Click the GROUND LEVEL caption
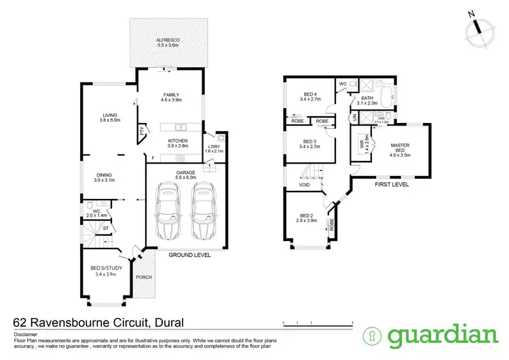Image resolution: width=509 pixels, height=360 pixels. click(189, 255)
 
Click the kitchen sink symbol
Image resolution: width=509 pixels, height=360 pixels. click(181, 127)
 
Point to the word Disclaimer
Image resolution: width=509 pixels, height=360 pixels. click(25, 335)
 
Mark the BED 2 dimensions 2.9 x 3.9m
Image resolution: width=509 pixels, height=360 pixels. click(307, 221)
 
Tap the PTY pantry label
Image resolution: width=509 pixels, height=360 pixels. click(141, 130)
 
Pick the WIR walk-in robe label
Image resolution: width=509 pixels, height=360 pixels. click(362, 144)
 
